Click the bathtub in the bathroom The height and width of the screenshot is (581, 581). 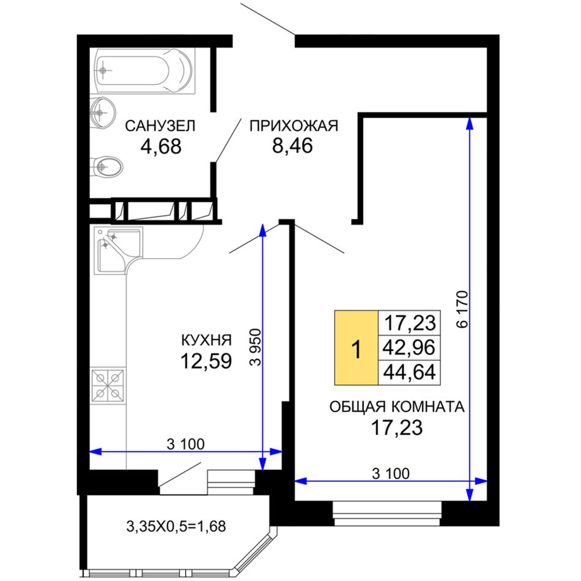point(145,71)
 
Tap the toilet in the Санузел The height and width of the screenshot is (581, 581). point(106,167)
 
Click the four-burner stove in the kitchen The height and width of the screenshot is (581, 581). point(108,386)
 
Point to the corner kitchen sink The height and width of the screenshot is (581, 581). point(118,251)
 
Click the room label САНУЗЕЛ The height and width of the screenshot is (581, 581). point(160,126)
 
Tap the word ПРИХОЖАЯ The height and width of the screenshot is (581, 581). point(294,126)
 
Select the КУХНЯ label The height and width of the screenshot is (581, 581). point(206,340)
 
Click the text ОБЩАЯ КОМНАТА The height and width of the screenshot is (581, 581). point(397,407)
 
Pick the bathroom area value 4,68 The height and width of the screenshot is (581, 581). point(161,146)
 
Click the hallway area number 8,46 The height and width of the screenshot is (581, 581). point(293,146)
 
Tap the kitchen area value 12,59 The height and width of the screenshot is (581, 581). point(206,361)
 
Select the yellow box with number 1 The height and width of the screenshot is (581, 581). point(357,348)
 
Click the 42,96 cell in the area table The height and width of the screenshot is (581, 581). point(409,347)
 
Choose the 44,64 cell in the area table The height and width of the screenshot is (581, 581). point(409,372)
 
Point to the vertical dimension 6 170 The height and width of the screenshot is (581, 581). point(462,309)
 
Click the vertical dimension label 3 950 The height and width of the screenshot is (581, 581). point(255,347)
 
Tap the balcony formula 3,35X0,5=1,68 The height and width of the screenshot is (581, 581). point(176,526)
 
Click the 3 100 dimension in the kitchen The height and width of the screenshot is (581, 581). point(186,444)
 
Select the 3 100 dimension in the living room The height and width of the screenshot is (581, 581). point(391,473)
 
